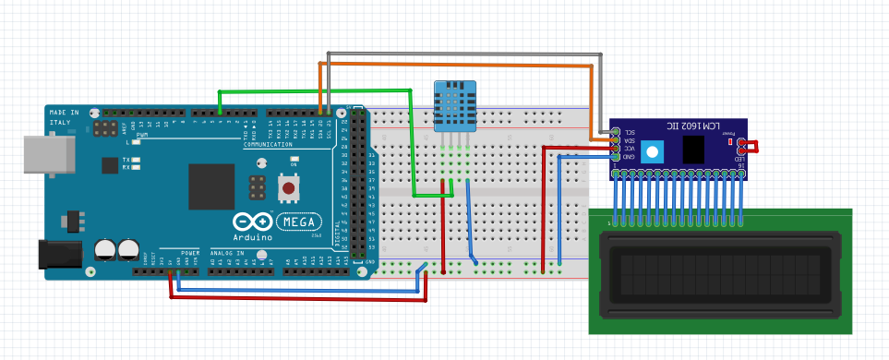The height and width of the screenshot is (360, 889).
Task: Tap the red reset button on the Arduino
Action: (x=289, y=188)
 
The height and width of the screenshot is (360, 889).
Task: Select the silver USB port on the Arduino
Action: (x=46, y=153)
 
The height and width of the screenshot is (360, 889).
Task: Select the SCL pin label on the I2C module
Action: (x=629, y=132)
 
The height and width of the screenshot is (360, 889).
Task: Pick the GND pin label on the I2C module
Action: (x=629, y=157)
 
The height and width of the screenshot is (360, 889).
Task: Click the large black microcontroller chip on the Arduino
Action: (x=212, y=186)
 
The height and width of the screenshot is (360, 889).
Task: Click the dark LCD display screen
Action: (x=721, y=274)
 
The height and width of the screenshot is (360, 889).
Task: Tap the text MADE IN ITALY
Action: (x=63, y=117)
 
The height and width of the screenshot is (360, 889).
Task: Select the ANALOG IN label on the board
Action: (x=228, y=252)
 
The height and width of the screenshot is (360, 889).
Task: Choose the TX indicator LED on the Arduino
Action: (x=136, y=160)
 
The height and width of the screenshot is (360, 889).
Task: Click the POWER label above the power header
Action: (x=190, y=252)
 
